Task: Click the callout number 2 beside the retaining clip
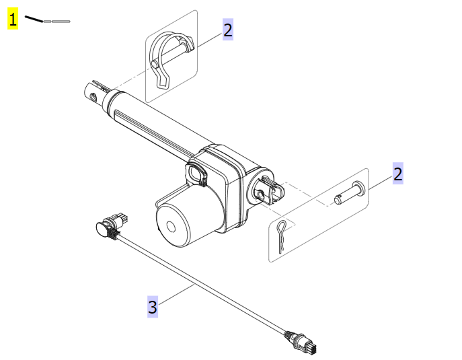click(228, 30)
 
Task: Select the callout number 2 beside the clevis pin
click(398, 174)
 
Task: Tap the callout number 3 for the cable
click(153, 308)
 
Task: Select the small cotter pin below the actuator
click(283, 235)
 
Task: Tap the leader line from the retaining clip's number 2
click(205, 40)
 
